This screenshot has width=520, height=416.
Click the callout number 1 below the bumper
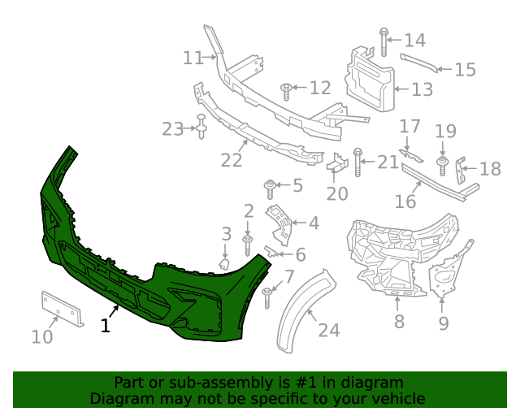point(105,325)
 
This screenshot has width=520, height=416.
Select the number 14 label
point(414,40)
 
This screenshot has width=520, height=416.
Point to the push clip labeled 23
point(200,128)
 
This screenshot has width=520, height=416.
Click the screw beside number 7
point(267,297)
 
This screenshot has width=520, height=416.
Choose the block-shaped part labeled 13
point(370,80)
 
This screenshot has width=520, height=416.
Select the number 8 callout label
point(397,322)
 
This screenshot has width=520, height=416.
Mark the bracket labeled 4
point(279,223)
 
